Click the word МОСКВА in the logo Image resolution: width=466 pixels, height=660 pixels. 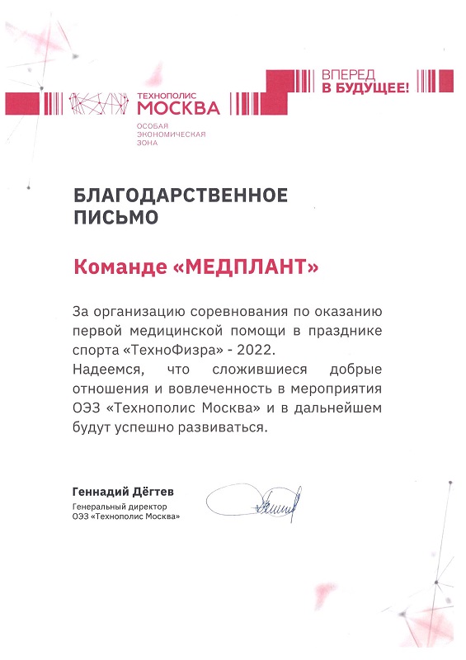[178, 107]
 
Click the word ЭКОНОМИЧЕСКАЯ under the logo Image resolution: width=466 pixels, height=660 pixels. [171, 133]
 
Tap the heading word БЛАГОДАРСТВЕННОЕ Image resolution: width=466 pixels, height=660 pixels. [181, 196]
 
